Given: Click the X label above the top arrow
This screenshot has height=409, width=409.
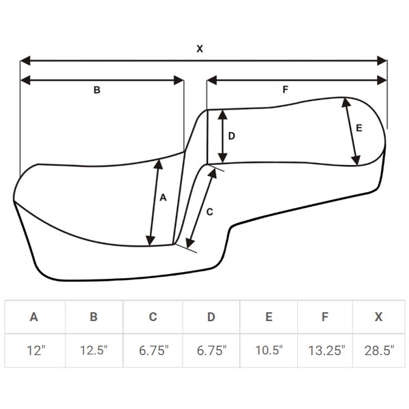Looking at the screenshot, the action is pyautogui.click(x=200, y=49).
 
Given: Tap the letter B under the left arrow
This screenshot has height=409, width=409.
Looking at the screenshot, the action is pyautogui.click(x=97, y=90).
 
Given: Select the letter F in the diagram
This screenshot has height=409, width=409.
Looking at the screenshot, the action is pyautogui.click(x=286, y=89).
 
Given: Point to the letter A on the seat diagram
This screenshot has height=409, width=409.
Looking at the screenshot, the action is pyautogui.click(x=163, y=198).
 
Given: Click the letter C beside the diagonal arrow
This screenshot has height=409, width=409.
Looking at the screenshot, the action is pyautogui.click(x=210, y=212).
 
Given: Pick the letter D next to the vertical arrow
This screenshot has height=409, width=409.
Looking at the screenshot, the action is pyautogui.click(x=232, y=136).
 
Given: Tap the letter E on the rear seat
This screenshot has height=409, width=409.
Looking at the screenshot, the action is pyautogui.click(x=359, y=128).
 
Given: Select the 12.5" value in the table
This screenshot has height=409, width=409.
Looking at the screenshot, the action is pyautogui.click(x=93, y=350).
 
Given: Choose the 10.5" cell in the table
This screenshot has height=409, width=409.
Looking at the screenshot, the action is pyautogui.click(x=269, y=350).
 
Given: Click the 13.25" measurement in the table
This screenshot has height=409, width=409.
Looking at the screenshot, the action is pyautogui.click(x=327, y=350).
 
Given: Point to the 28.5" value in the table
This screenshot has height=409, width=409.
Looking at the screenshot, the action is pyautogui.click(x=379, y=350).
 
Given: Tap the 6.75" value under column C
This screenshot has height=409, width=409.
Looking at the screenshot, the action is pyautogui.click(x=153, y=350).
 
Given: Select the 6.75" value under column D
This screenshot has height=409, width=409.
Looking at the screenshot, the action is pyautogui.click(x=211, y=350).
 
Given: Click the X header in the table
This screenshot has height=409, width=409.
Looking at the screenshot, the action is pyautogui.click(x=378, y=317).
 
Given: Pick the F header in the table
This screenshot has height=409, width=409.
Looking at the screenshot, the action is pyautogui.click(x=325, y=317).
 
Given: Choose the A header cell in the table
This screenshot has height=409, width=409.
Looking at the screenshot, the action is pyautogui.click(x=34, y=317).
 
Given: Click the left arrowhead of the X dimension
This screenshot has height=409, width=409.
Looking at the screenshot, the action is pyautogui.click(x=25, y=61).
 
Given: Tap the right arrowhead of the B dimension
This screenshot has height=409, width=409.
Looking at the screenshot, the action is pyautogui.click(x=179, y=80).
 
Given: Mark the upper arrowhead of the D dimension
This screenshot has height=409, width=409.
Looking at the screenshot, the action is pyautogui.click(x=222, y=115).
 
